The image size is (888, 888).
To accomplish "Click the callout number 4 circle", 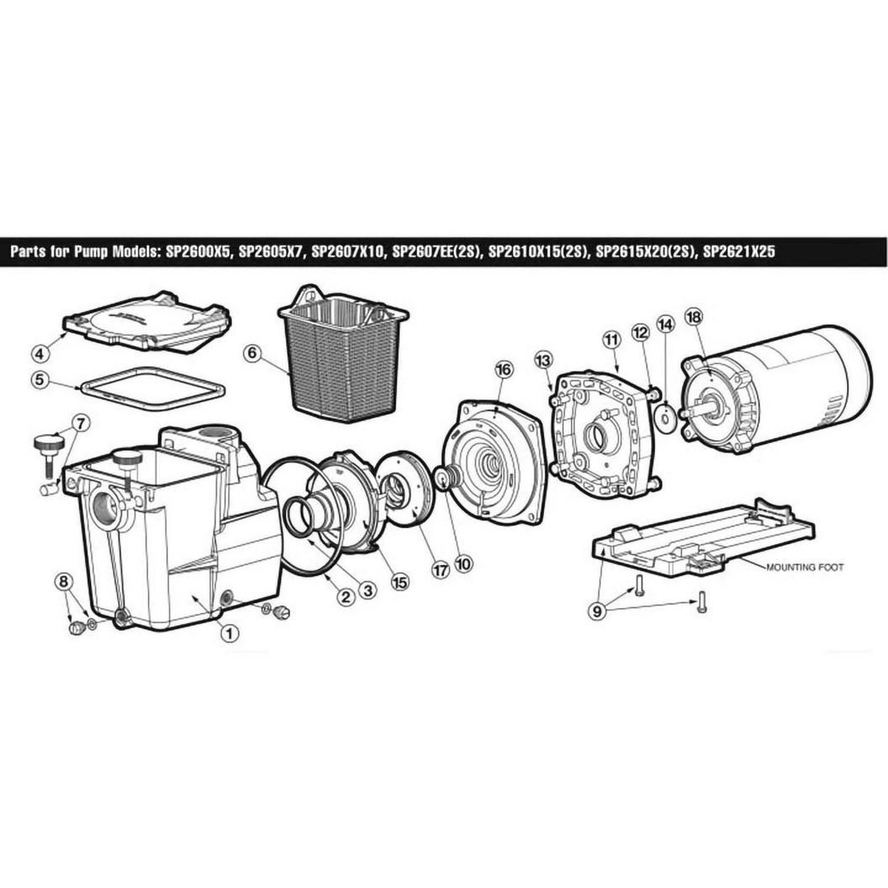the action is (x=40, y=354).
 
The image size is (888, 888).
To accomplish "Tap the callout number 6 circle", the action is (x=252, y=353).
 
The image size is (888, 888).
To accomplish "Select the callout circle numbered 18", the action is (x=693, y=316).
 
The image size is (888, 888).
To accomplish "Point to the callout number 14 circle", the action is (x=666, y=325).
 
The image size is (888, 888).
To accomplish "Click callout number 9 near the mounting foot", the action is (x=596, y=611).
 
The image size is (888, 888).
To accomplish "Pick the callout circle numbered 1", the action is (x=230, y=632).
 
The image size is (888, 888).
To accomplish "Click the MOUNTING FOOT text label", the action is (x=805, y=567).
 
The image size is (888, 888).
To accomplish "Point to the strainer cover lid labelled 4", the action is (x=147, y=322).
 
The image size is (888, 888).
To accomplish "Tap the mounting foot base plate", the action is (x=702, y=538).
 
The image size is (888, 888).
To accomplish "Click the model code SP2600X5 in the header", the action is (x=198, y=251).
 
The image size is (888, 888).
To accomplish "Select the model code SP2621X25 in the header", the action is (x=738, y=251).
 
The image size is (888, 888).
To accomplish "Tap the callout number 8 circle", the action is (x=63, y=581).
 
